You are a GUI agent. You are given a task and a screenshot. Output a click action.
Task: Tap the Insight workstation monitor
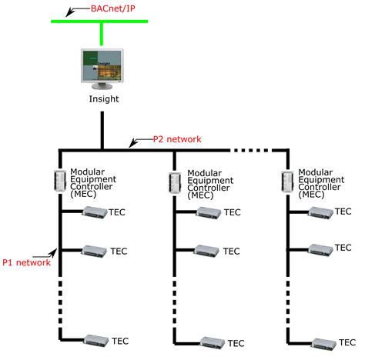pos(102,67)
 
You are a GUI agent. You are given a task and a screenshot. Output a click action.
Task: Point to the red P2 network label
pos(176,139)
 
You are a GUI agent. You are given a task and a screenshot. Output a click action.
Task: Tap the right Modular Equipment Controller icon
pos(288,180)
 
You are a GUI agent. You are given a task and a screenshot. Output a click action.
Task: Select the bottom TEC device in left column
pos(96,339)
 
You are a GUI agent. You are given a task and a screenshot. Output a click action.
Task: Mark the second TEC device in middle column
pos(207,250)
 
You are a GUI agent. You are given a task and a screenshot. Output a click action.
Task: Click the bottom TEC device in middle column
pos(210,342)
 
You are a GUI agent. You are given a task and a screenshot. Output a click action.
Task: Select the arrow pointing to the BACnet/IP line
pos(72,12)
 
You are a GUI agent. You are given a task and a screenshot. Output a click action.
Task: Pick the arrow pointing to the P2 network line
pos(136,142)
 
